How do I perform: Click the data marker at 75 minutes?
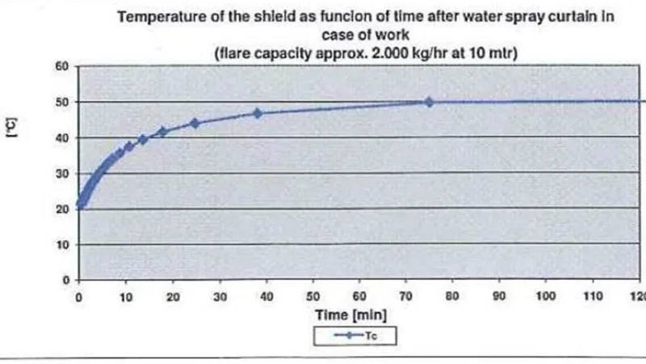pyautogui.click(x=429, y=102)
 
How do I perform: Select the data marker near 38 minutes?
pyautogui.click(x=258, y=113)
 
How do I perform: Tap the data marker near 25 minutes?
pyautogui.click(x=195, y=123)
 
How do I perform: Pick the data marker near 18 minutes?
pyautogui.click(x=162, y=131)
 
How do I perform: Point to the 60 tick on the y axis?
pyautogui.click(x=60, y=66)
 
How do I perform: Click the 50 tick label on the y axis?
pyautogui.click(x=60, y=102)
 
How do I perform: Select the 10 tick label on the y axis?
pyautogui.click(x=60, y=244)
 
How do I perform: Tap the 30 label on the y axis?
pyautogui.click(x=60, y=173)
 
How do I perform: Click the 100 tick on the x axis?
pyautogui.click(x=546, y=297)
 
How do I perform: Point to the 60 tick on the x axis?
pyautogui.click(x=359, y=297)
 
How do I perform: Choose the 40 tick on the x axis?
pyautogui.click(x=266, y=297)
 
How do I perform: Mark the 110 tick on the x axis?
pyautogui.click(x=593, y=297)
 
